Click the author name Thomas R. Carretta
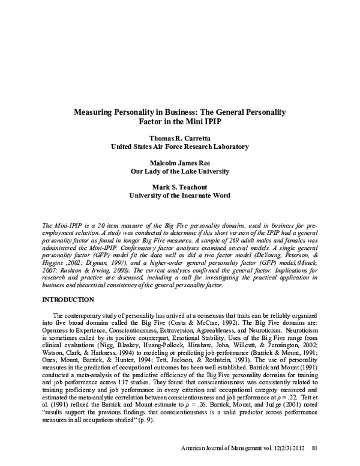point(180,137)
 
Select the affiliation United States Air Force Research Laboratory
point(180,146)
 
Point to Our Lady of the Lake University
point(180,171)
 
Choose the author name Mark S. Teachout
point(180,187)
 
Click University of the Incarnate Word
point(180,195)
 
